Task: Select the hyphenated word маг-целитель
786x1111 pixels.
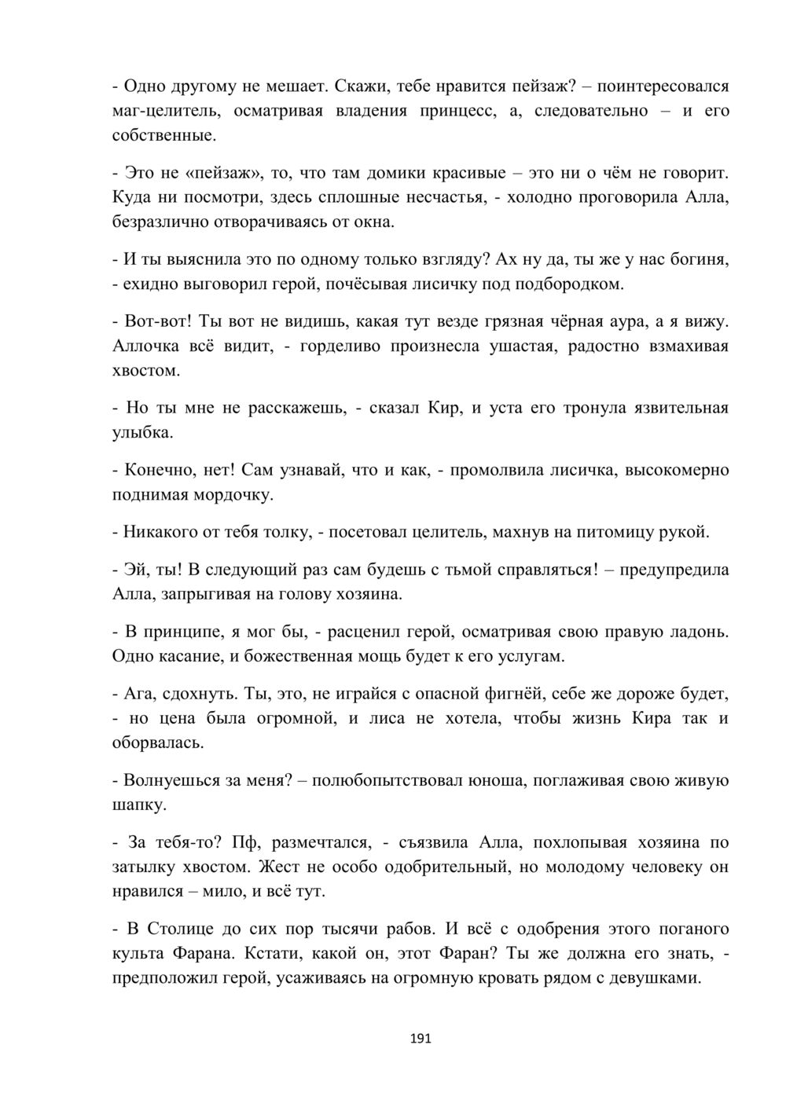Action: tap(167, 111)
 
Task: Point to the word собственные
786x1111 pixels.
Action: tap(162, 135)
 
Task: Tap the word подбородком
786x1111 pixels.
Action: tap(569, 284)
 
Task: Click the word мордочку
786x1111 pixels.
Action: tap(233, 495)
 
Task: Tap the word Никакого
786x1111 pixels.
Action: tap(160, 533)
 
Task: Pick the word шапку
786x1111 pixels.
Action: tap(139, 805)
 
